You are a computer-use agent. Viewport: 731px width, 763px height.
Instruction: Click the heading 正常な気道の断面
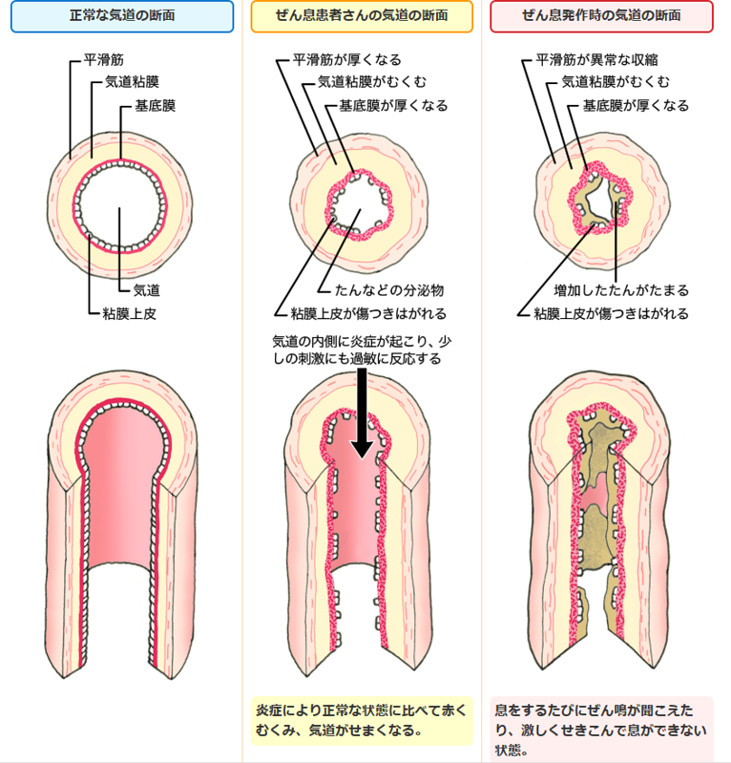click(x=122, y=17)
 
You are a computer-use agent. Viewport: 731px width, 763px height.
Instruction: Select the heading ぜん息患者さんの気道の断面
click(x=362, y=17)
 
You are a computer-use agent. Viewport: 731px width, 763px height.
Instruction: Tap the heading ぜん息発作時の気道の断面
click(x=601, y=17)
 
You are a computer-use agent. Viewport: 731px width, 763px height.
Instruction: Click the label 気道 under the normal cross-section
click(x=145, y=288)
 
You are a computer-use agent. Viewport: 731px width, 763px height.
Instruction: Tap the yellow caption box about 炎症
click(x=362, y=720)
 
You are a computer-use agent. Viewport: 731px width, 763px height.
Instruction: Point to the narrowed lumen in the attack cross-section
click(x=600, y=201)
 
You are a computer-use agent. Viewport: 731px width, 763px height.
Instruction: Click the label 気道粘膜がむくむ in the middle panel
click(x=373, y=83)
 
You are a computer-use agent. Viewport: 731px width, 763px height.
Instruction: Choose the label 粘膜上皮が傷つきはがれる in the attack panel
click(x=611, y=312)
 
